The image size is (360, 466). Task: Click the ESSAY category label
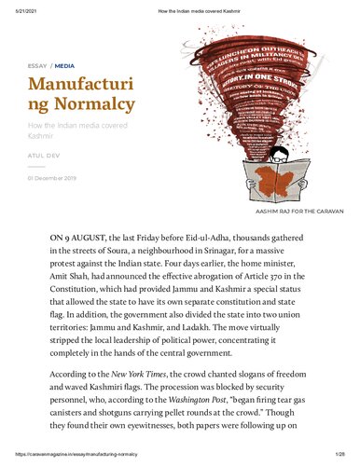pos(36,67)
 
